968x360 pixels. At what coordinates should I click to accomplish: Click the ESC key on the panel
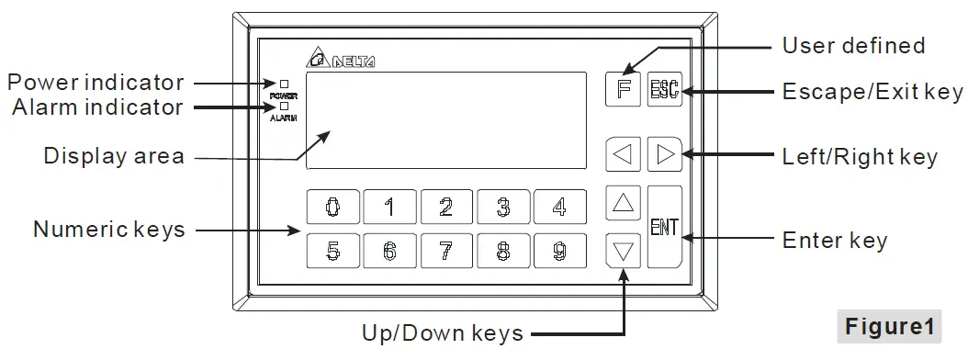663,89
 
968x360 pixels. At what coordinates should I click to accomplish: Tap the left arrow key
624,154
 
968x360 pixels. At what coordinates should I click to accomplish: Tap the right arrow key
664,154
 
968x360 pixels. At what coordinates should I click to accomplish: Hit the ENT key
664,227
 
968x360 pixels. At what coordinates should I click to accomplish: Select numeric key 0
331,207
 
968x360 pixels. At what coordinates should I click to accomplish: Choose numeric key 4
559,207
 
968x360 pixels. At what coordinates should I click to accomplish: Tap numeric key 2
445,207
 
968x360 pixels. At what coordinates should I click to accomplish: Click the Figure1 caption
889,326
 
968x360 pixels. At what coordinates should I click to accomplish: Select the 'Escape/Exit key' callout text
872,92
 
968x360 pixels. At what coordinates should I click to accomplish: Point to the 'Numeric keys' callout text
108,229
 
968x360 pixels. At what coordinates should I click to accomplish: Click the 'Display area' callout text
114,156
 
